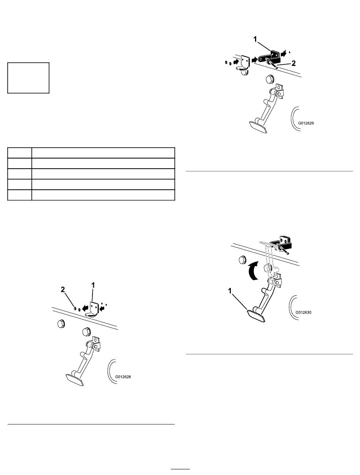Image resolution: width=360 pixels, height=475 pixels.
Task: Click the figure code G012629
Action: [x=306, y=123]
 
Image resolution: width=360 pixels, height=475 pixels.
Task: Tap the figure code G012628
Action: [x=123, y=377]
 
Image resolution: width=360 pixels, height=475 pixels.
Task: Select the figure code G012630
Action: [x=304, y=312]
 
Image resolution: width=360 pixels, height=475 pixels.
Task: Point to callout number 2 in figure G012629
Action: [x=293, y=63]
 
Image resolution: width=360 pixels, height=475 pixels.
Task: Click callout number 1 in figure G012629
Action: [x=255, y=39]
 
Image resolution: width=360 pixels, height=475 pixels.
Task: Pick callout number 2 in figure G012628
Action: [x=63, y=289]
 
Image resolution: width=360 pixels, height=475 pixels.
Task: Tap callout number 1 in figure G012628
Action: [x=93, y=285]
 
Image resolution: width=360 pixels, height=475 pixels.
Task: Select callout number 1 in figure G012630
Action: [x=230, y=291]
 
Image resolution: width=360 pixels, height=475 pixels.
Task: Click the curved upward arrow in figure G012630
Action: [x=253, y=270]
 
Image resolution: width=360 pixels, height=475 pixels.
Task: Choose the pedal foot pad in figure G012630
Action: [x=257, y=316]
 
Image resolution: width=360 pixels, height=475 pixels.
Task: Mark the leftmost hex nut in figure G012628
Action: [x=61, y=324]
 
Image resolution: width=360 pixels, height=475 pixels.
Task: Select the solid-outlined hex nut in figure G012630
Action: [x=243, y=259]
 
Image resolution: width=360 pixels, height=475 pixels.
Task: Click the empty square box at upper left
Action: [x=28, y=78]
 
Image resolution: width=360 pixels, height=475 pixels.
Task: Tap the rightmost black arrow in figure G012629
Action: [x=283, y=53]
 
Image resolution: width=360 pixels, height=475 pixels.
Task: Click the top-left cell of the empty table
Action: [x=19, y=153]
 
